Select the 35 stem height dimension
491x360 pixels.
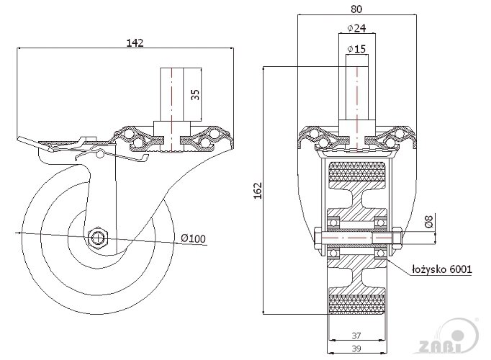[x=196, y=94]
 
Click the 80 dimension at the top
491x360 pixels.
[x=356, y=10]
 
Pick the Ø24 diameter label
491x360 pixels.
[x=357, y=28]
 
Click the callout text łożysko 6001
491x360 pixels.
[x=442, y=270]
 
